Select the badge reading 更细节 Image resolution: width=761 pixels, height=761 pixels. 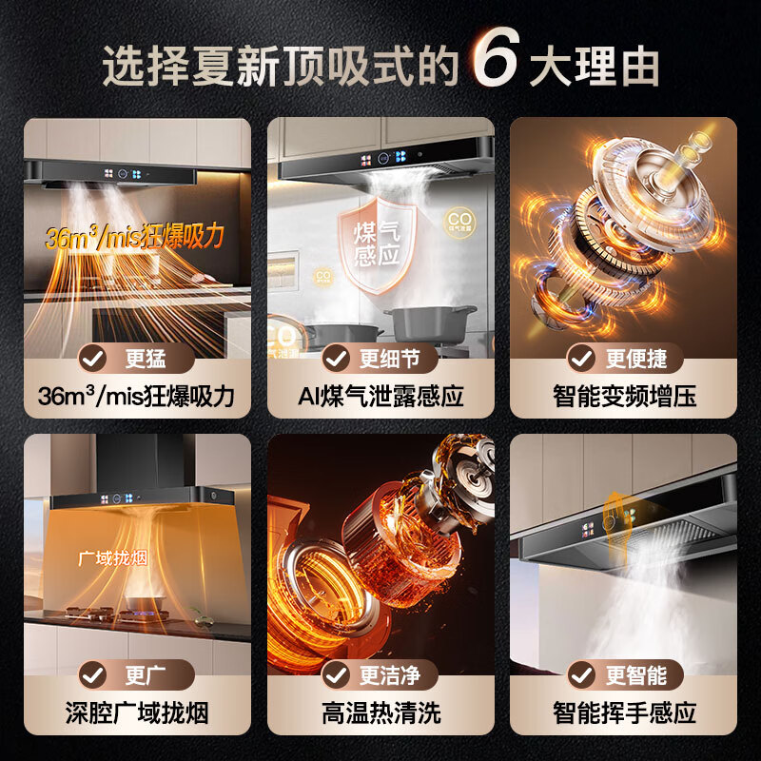click(x=381, y=358)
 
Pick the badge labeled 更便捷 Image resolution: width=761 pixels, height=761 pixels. click(x=624, y=358)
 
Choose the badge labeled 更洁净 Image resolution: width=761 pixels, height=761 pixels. click(x=381, y=674)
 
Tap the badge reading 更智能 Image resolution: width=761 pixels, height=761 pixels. click(x=624, y=674)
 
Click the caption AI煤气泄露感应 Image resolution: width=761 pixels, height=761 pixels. click(x=380, y=395)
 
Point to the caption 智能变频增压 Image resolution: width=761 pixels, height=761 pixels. click(x=624, y=395)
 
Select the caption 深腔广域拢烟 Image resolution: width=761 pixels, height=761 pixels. click(x=137, y=712)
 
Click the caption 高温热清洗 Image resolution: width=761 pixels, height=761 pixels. click(x=380, y=712)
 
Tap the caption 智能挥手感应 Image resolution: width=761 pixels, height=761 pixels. click(x=624, y=712)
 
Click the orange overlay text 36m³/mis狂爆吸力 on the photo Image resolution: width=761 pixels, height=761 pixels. click(x=133, y=237)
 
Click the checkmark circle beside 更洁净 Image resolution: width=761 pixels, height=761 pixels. click(x=337, y=674)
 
